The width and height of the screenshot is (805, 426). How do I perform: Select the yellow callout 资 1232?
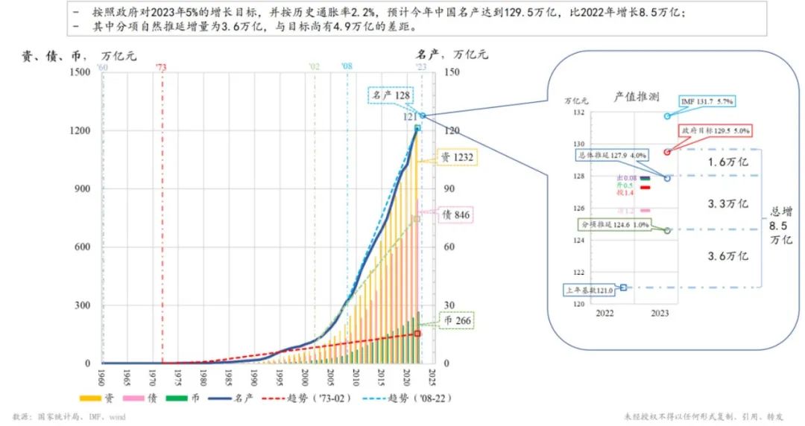pos(455,157)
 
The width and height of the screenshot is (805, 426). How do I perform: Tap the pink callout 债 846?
pos(455,215)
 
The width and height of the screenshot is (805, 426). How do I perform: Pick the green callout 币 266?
pos(455,321)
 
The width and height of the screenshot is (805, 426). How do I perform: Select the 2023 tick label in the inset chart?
pos(659,314)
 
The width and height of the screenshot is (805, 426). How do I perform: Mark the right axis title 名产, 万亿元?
pos(452,54)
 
